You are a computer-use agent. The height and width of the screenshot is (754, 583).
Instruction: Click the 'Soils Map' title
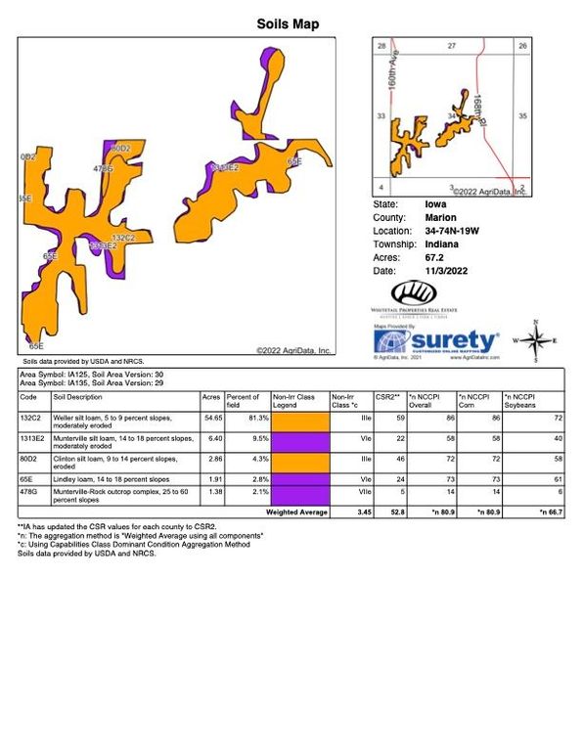point(288,23)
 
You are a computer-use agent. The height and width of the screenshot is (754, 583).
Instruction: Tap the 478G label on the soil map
point(103,169)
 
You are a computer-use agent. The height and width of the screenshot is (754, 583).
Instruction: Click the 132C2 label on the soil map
point(123,238)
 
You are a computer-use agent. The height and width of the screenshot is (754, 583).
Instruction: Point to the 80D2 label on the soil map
point(120,149)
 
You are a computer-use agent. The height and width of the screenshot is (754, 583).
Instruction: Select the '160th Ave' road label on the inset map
point(392,73)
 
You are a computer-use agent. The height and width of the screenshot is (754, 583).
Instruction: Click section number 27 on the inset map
point(451,46)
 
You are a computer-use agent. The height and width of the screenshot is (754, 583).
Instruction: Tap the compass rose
point(535,341)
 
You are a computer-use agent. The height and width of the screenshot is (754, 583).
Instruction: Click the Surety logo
point(436,341)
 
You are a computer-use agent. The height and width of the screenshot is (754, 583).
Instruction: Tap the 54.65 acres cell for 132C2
point(211,418)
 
